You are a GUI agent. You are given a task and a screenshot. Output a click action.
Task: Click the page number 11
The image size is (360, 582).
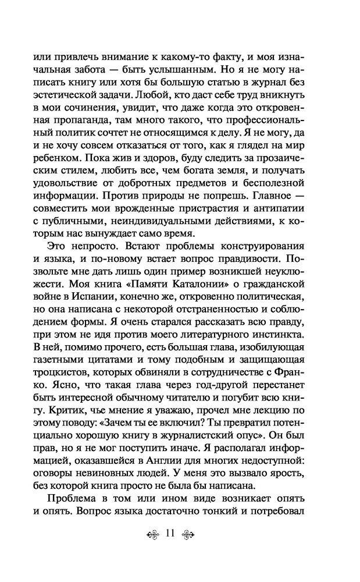pyautogui.click(x=170, y=534)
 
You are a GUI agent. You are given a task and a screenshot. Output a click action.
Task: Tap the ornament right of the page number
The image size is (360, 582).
pyautogui.click(x=192, y=534)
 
